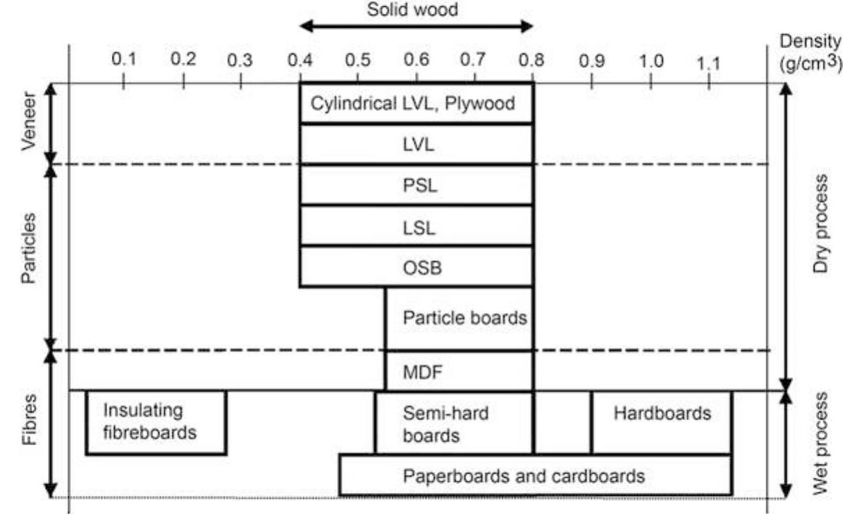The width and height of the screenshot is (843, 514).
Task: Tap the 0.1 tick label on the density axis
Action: (124, 59)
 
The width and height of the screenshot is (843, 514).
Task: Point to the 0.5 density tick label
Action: (358, 59)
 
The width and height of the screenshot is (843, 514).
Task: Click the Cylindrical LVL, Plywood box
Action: (416, 104)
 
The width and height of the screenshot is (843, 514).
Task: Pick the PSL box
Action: (416, 185)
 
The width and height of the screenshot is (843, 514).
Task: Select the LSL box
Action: (416, 226)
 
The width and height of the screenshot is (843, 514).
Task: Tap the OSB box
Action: (416, 266)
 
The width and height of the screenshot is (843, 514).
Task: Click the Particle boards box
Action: (459, 319)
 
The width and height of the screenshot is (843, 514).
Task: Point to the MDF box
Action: (459, 371)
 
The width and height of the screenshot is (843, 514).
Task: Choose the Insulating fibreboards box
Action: (156, 422)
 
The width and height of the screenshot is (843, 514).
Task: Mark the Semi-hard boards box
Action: (455, 423)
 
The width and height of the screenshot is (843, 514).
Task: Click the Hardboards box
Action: (662, 422)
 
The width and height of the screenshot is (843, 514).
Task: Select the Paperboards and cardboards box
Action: (535, 476)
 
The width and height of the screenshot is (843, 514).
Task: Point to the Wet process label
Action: (821, 444)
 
